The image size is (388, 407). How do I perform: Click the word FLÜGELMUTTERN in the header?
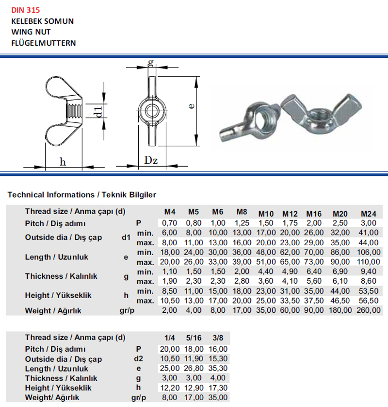[x=43, y=43]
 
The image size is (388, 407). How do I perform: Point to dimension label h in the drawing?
[x=63, y=162]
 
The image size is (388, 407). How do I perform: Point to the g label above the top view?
[x=151, y=63]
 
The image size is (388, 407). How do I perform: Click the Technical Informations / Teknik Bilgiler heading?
[x=81, y=194]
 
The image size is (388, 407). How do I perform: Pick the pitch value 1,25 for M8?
[x=241, y=223]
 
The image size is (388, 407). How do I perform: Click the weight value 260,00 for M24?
[x=369, y=309]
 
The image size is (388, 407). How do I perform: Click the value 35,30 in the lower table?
[x=218, y=368]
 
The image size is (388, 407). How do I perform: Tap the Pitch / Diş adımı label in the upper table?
[x=55, y=223]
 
